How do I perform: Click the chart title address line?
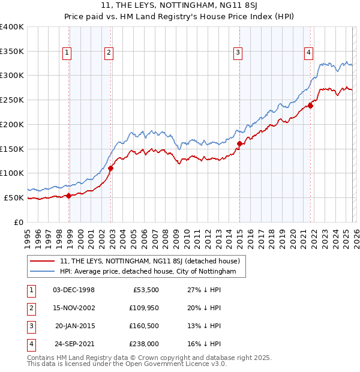pos(180,6)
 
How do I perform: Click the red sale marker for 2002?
pos(111,168)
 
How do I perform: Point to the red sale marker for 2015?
pos(239,143)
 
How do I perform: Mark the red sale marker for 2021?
pos(310,106)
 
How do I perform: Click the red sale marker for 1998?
pos(69,195)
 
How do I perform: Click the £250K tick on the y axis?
pos(12,100)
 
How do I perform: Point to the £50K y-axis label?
pos(14,197)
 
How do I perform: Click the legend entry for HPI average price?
pos(153,272)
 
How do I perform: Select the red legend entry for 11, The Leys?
pos(150,261)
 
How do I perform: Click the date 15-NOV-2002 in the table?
pos(74,308)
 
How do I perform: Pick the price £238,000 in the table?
pos(144,344)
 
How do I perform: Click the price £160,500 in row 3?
pos(144,326)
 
